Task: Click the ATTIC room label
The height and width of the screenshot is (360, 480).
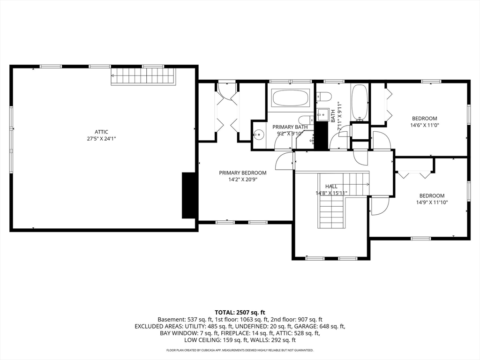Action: pos(101,132)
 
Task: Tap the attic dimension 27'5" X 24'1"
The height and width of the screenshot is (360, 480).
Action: pos(101,139)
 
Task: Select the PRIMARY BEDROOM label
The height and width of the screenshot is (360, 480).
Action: pos(243,172)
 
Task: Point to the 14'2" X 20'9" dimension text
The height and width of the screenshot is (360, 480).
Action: pos(243,180)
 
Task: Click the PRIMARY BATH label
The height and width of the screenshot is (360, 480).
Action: pos(290,127)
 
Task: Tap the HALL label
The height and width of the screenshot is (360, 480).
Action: pos(331,186)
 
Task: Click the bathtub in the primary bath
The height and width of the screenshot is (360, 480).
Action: pos(291,98)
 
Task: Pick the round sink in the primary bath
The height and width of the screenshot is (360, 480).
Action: pos(259,134)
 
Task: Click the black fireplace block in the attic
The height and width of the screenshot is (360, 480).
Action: pos(189,195)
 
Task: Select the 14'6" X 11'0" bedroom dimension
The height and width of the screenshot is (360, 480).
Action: pos(424,125)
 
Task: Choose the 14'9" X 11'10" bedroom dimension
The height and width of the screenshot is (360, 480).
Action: pos(432,202)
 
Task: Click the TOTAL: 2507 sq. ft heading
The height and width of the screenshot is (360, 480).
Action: pos(240,313)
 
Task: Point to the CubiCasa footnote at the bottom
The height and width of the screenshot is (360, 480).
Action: pos(240,350)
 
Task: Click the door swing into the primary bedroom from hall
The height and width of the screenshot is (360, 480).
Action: pos(285,161)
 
